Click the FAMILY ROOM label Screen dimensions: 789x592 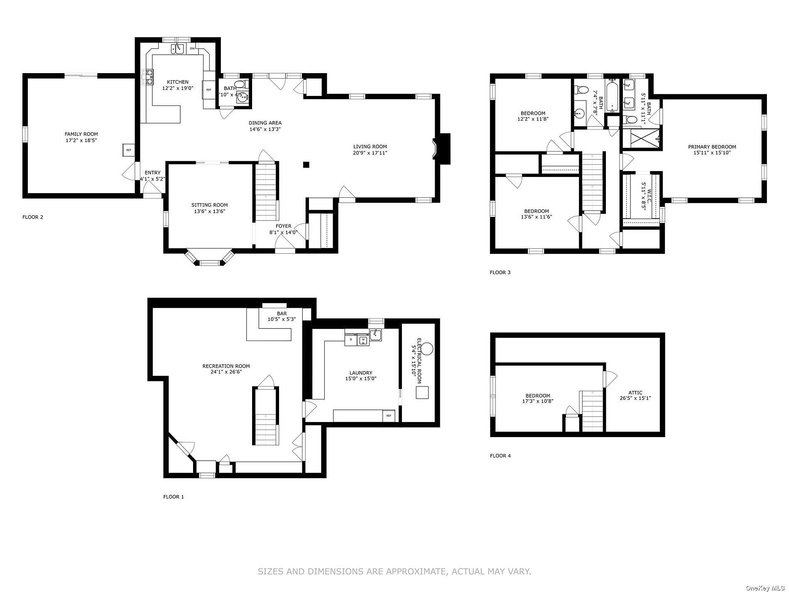(81, 134)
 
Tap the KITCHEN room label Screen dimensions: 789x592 (178, 82)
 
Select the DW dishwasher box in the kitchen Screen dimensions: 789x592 (192, 49)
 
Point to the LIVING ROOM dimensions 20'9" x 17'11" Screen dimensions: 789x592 (370, 153)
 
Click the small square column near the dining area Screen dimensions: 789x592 (306, 165)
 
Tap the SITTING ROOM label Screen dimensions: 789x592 (210, 205)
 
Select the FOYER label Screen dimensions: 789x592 (284, 226)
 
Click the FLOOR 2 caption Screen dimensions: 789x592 (33, 217)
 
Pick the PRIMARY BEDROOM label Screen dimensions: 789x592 (712, 147)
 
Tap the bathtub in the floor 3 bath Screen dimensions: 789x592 (612, 97)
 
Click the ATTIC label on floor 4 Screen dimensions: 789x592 (635, 393)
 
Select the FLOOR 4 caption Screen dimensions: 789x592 (500, 456)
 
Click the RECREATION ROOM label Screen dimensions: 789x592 (226, 366)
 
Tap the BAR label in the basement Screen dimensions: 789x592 (282, 314)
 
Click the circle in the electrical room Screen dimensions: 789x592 (428, 348)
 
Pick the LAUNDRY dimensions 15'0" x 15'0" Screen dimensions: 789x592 (361, 378)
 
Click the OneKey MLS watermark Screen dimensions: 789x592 (766, 588)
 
